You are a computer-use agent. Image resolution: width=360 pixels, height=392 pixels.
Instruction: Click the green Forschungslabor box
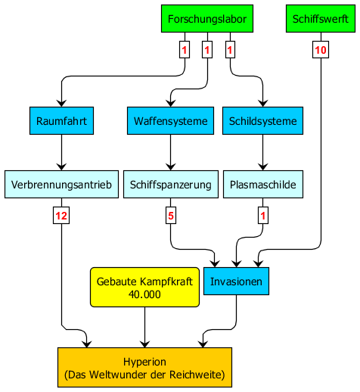(x=207, y=19)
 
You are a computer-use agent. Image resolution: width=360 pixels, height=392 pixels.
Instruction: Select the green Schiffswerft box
(x=321, y=19)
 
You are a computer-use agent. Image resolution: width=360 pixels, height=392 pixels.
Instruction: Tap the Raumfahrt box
(x=61, y=120)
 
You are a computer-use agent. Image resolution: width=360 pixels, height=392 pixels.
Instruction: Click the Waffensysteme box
(x=170, y=120)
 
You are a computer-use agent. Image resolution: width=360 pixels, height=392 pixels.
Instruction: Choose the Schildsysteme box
(x=262, y=120)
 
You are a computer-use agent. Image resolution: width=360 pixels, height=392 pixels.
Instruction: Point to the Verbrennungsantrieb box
(x=61, y=185)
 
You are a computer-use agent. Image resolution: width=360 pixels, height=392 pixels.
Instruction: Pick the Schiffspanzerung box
(x=171, y=185)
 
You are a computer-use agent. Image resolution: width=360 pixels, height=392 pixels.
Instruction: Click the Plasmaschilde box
(x=263, y=185)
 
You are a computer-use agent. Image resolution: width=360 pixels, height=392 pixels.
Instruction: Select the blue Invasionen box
(x=236, y=281)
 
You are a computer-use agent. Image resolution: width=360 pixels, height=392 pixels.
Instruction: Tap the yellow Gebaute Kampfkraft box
(x=144, y=287)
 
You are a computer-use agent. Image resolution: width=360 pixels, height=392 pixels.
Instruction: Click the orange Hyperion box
(x=144, y=367)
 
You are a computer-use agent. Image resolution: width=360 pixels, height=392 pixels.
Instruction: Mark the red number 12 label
(x=61, y=216)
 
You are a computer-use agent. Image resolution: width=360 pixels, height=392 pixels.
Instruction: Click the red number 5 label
(x=171, y=216)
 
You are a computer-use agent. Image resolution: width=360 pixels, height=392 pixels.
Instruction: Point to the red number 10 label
(x=321, y=50)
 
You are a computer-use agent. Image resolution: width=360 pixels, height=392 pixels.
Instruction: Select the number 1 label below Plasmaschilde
(x=263, y=216)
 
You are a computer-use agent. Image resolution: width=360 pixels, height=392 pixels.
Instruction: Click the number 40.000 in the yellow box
(x=144, y=294)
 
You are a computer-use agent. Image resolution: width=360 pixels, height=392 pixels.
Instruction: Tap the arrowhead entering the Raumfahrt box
(x=61, y=104)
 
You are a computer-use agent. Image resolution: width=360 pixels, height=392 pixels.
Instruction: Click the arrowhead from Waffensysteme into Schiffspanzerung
(x=171, y=167)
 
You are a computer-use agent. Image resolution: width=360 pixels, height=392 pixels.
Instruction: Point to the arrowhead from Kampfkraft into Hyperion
(x=144, y=344)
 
